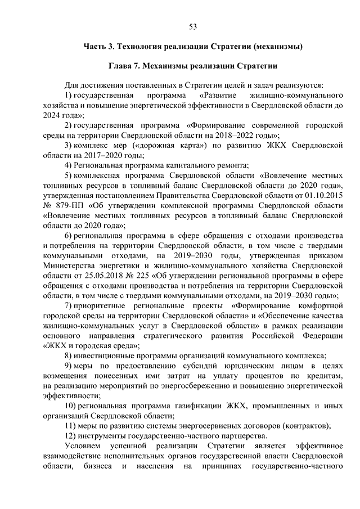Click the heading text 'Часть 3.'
click(x=99, y=46)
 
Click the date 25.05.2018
click(x=97, y=275)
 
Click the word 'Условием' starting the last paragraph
click(x=82, y=446)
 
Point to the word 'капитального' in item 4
click(x=192, y=165)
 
